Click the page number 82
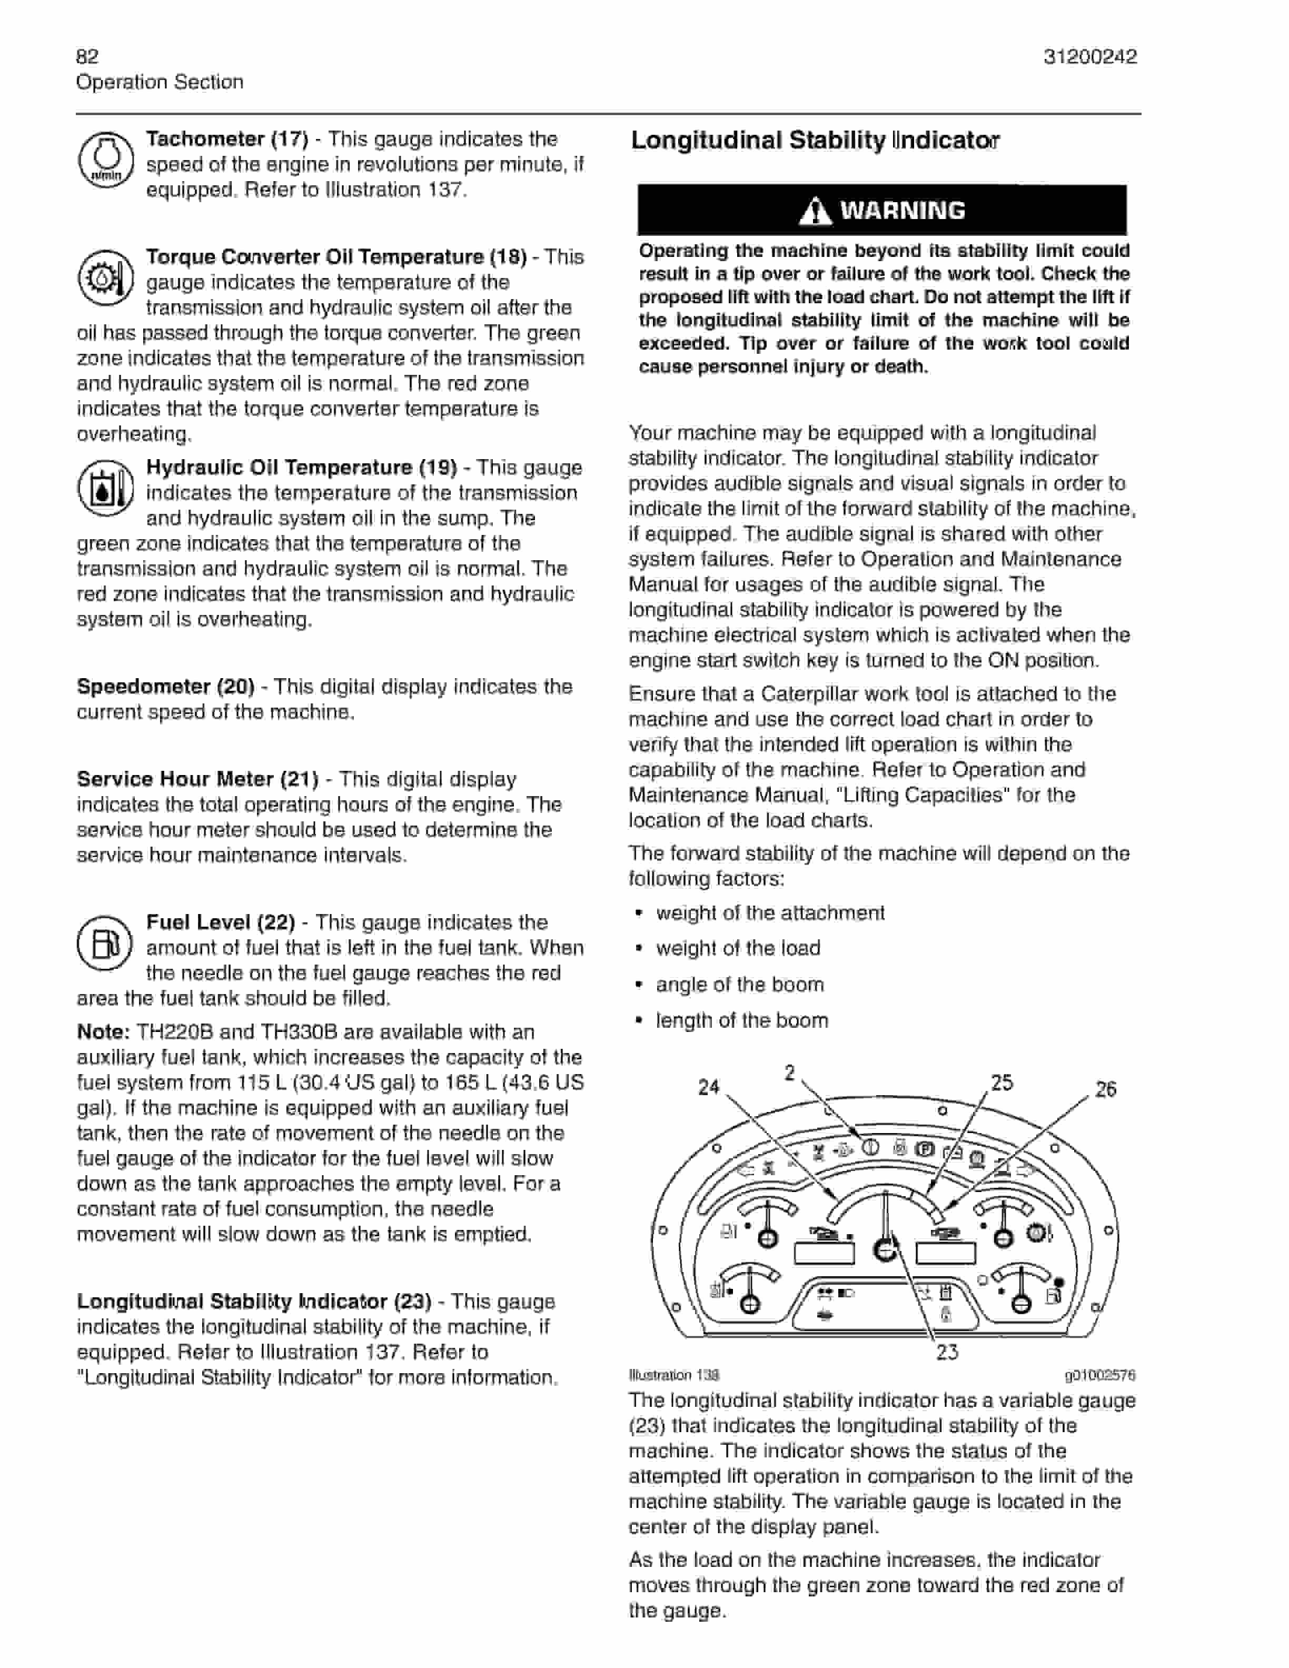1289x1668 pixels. pyautogui.click(x=87, y=56)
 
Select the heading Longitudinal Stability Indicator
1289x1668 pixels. pyautogui.click(x=815, y=141)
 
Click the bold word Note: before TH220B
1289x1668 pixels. pyautogui.click(x=103, y=1032)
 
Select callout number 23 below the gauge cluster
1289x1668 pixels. pyautogui.click(x=947, y=1353)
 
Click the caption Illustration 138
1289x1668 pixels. pyautogui.click(x=673, y=1375)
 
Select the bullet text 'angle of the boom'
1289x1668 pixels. pyautogui.click(x=739, y=985)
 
